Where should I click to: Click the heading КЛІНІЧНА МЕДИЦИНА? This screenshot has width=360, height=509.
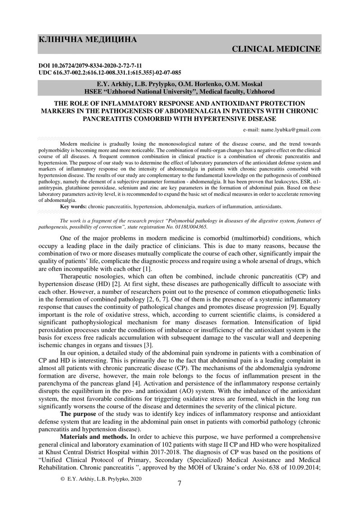click(88, 40)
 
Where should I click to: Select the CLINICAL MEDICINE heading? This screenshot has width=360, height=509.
click(276, 49)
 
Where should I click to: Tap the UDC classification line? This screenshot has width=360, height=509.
click(110, 72)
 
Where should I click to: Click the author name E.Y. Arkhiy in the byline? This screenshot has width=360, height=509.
click(114, 84)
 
